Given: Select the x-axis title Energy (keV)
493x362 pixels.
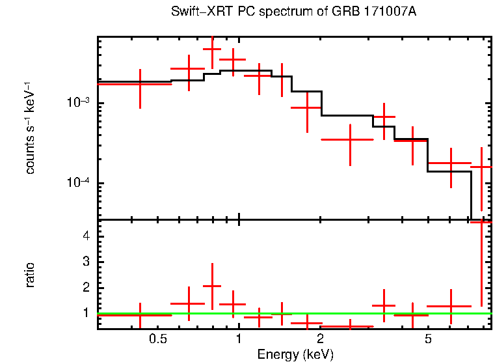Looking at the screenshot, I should (x=295, y=354).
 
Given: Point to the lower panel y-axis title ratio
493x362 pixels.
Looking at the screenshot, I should (x=30, y=275).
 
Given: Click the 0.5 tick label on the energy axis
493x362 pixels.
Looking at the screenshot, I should (x=157, y=339).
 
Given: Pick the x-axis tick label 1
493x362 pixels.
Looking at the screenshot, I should (x=239, y=339).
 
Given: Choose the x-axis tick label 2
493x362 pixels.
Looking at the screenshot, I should (x=321, y=339).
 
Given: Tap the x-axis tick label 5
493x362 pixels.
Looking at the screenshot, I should (x=428, y=339).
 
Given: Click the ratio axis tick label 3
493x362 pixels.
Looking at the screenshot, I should (x=85, y=261).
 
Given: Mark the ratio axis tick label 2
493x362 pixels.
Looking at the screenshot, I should (x=85, y=287).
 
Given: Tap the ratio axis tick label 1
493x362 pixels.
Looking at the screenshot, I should (x=85, y=313).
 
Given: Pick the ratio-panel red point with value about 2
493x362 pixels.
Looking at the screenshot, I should (x=212, y=286).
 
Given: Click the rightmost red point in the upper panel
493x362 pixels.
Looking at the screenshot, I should (x=481, y=167).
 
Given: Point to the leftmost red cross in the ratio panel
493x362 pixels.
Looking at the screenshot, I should (x=140, y=314).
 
